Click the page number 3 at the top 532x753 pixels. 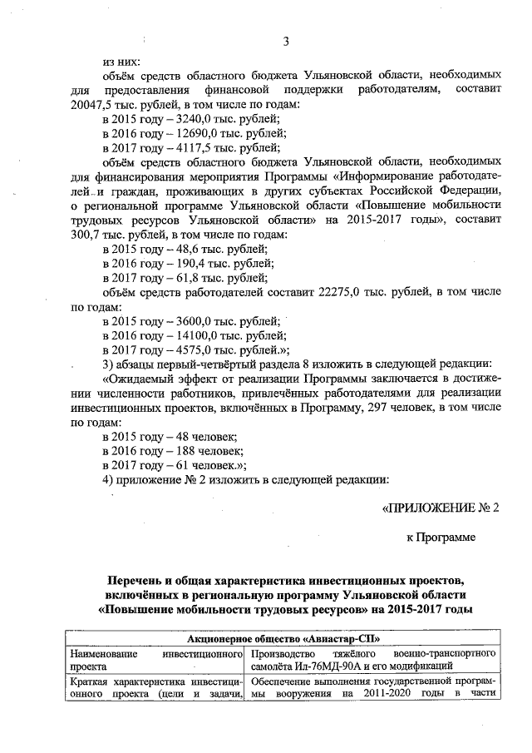[285, 42]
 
